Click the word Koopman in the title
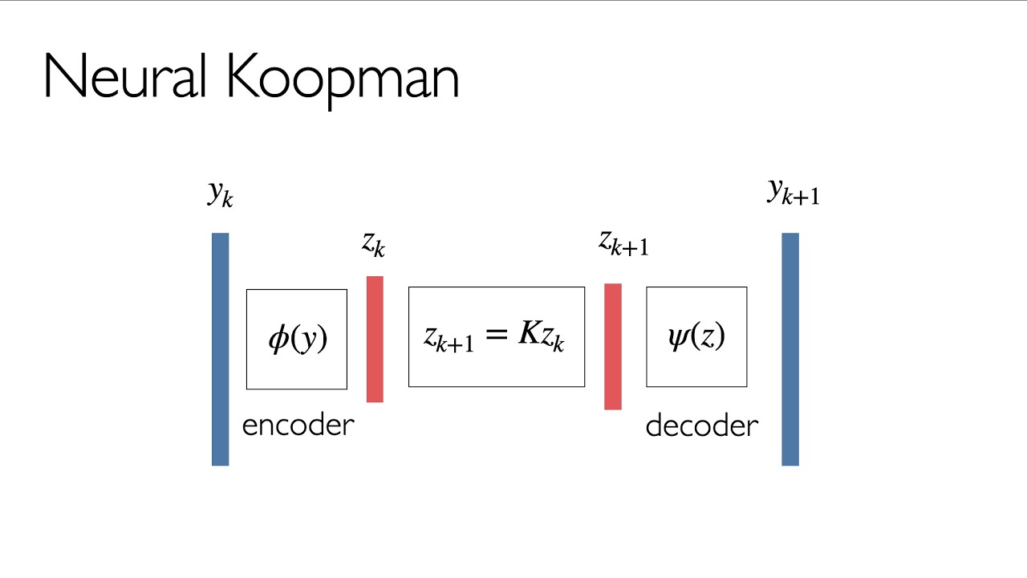[x=343, y=78]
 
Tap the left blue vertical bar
[x=220, y=349]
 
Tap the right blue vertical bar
[x=790, y=349]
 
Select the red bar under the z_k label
[x=375, y=339]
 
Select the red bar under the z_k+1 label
[x=613, y=346]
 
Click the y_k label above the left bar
[x=220, y=193]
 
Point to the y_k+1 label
[x=794, y=191]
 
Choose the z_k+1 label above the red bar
[x=623, y=242]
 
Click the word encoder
[x=298, y=425]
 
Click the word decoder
[x=701, y=425]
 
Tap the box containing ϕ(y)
[x=297, y=339]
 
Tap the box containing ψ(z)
[x=696, y=336]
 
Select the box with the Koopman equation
[x=497, y=336]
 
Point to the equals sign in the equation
[x=497, y=335]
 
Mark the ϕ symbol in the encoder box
[x=278, y=339]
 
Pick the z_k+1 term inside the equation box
[x=449, y=337]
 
